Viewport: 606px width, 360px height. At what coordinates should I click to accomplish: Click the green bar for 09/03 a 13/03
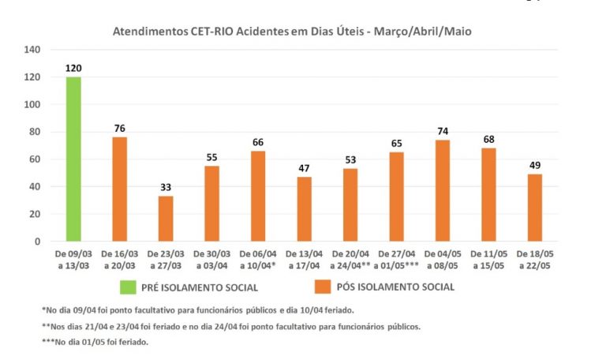click(73, 159)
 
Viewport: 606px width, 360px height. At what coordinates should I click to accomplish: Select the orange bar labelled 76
click(119, 189)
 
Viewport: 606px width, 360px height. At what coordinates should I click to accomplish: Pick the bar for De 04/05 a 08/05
click(442, 190)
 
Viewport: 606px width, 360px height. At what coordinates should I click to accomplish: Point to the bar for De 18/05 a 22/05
click(534, 207)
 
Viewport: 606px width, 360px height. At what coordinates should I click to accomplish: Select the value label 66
click(257, 143)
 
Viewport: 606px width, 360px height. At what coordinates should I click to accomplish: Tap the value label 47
click(304, 169)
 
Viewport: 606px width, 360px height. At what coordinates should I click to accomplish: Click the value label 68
click(488, 141)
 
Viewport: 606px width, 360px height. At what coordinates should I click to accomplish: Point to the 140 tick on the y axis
click(32, 50)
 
